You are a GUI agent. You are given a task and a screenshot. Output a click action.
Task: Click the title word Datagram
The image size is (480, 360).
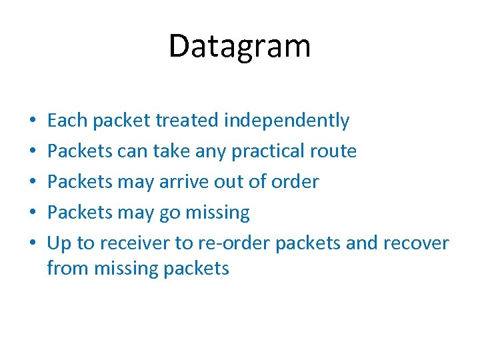pyautogui.click(x=239, y=47)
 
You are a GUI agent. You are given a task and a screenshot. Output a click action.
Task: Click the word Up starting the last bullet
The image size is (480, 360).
pyautogui.click(x=59, y=243)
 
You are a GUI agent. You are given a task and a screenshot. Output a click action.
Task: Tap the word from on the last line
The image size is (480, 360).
pyautogui.click(x=68, y=268)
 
